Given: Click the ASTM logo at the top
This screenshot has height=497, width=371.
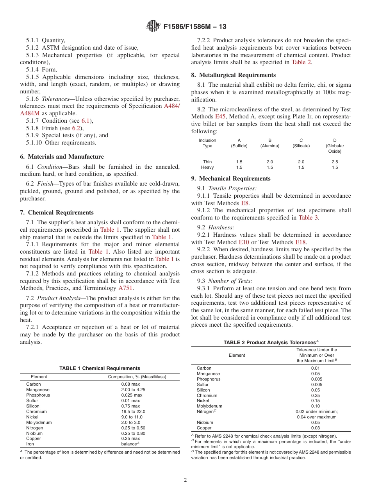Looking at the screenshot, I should tap(153, 26).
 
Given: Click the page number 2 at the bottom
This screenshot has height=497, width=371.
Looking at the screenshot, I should tap(185, 480).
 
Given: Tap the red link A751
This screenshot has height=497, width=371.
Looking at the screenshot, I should tap(125, 288).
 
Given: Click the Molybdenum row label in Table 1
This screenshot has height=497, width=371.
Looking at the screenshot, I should tap(39, 422).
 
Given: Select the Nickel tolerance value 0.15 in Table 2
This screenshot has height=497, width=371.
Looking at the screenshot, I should tap(315, 400).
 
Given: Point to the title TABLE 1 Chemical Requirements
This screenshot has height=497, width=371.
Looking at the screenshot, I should tap(100, 368).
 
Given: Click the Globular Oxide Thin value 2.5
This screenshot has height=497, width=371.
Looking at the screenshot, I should tap(335, 162).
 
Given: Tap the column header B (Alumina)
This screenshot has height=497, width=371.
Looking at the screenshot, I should tap(270, 143).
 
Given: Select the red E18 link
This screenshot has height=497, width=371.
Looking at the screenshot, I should tap(301, 242).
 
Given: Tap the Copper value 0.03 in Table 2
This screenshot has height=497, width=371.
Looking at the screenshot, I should tap(315, 428).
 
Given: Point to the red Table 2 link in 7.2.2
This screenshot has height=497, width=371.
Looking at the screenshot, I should tap(301, 62).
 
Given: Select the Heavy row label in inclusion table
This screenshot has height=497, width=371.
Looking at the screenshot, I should tap(207, 167).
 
